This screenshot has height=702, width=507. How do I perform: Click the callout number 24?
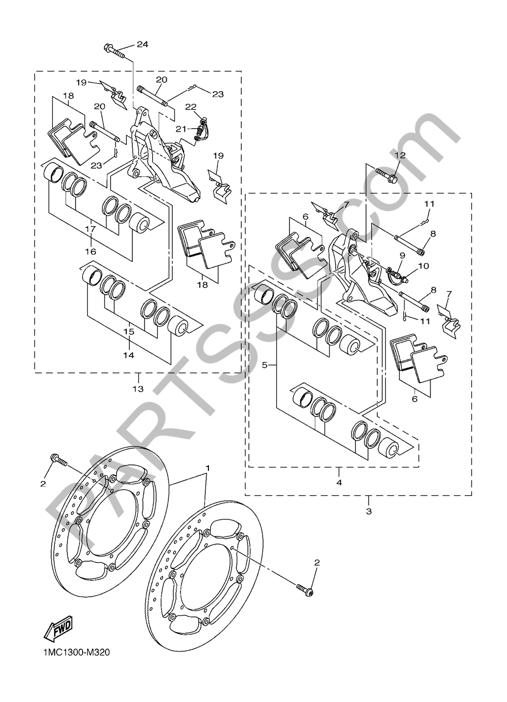[x=142, y=45]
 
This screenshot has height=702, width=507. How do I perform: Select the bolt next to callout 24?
[x=115, y=50]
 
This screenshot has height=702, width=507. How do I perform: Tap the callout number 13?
[x=138, y=389]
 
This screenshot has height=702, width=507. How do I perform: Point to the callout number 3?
[x=369, y=511]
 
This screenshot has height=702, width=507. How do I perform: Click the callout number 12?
[x=400, y=156]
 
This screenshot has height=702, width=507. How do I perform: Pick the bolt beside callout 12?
[x=386, y=176]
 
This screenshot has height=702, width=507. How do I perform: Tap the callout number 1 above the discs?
[x=207, y=466]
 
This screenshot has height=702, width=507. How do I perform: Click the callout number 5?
[x=264, y=365]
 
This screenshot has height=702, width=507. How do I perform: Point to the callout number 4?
[x=339, y=482]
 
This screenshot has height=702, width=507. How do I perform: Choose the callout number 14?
[x=128, y=355]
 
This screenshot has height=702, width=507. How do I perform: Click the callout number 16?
[x=90, y=251]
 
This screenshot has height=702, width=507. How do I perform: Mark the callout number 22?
[x=191, y=106]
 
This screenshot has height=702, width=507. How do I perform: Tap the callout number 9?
[x=402, y=255]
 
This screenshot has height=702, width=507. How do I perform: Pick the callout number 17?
[x=90, y=229]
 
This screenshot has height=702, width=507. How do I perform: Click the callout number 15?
[x=128, y=331]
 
